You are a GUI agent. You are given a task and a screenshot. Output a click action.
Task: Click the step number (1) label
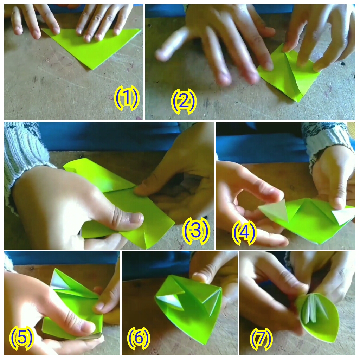(127, 99)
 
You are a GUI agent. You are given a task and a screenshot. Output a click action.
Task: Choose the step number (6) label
(139, 338)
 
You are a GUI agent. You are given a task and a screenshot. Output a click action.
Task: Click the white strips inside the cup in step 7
(315, 309)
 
